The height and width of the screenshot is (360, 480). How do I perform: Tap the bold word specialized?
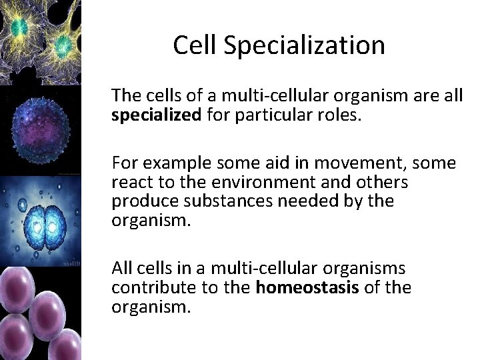156,115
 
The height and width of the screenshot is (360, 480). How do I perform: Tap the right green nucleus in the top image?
64,45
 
